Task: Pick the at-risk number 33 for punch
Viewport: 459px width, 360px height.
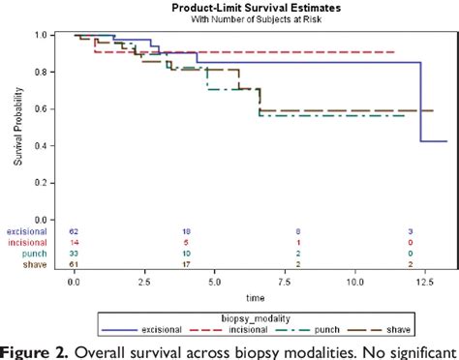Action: [74, 253]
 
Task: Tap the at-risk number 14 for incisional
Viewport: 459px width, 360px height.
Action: [74, 243]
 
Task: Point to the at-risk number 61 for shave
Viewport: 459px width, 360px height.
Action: [74, 262]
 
